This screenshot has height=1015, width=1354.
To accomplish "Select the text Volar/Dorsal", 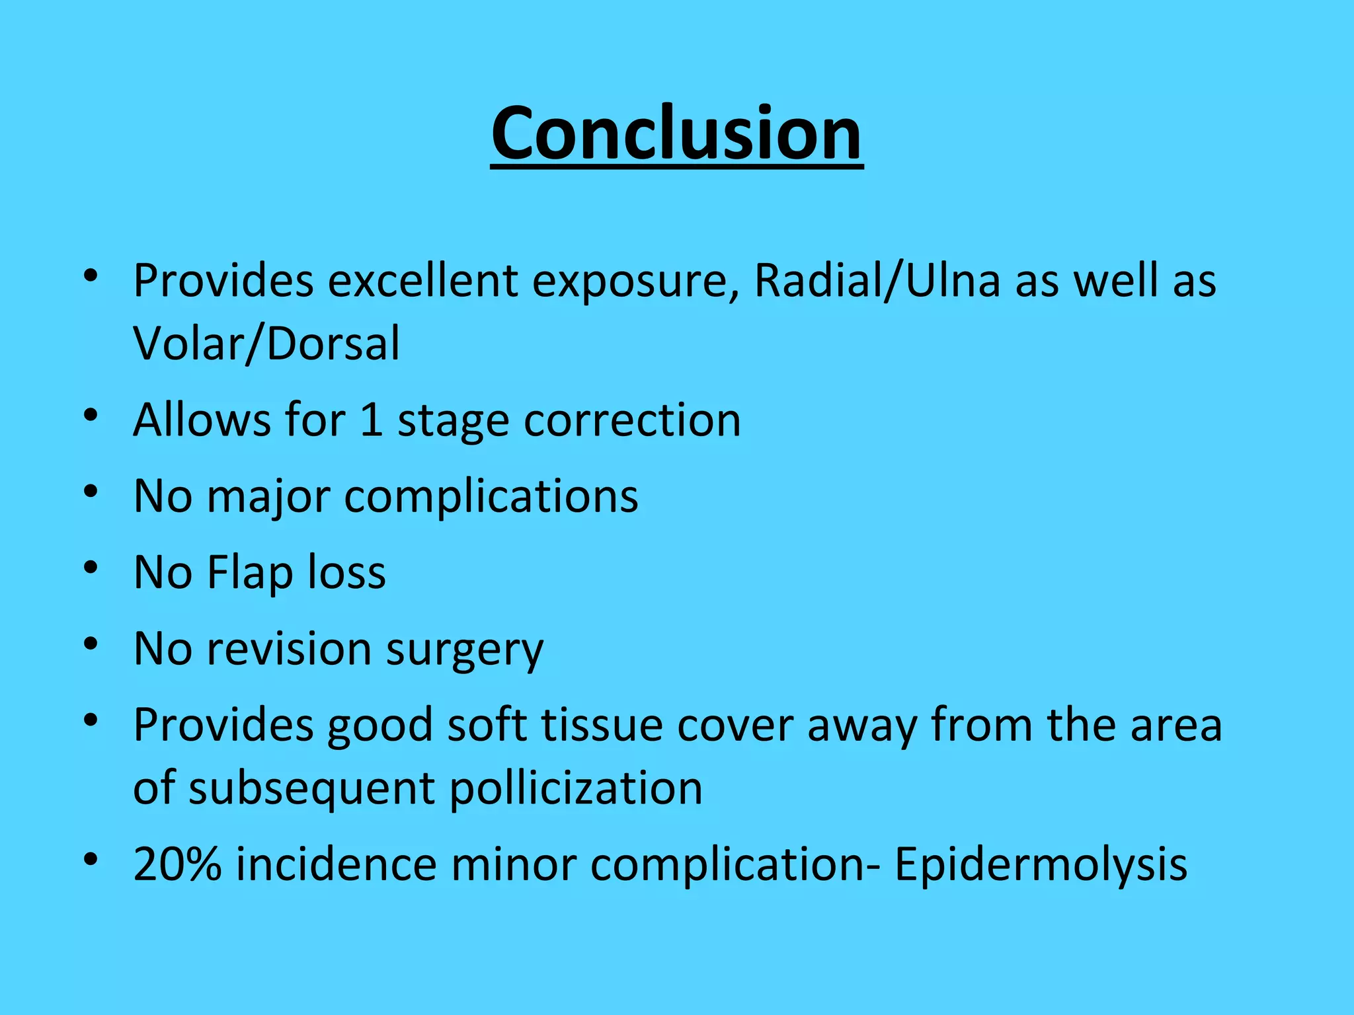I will point(266,344).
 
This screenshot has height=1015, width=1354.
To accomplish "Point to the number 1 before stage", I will point(372,420).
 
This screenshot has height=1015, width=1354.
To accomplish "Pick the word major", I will point(268,497).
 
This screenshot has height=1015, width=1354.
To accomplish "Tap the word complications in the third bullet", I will point(491,497).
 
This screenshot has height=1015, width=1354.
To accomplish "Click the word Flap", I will point(250,572).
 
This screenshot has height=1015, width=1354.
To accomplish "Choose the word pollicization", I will point(576,788).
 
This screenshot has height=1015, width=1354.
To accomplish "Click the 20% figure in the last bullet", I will point(177,864).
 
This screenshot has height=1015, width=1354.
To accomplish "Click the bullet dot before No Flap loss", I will point(91,568).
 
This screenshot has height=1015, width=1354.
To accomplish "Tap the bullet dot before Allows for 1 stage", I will point(91,416).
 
